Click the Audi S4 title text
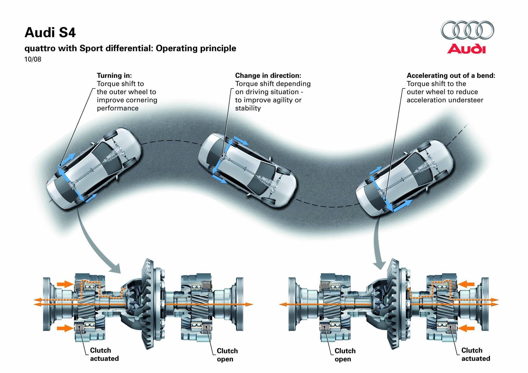coord(50,33)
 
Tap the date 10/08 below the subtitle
coord(33,59)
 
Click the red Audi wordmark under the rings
coord(466,49)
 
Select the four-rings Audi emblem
coord(467,30)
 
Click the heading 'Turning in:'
coord(114,75)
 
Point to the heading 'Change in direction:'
coord(268,75)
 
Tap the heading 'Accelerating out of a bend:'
coord(451,75)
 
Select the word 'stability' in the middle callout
coord(248,108)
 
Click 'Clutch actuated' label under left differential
coord(104,354)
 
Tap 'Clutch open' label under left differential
coord(227,355)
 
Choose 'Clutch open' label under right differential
coord(345,355)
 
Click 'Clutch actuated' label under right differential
coord(475,354)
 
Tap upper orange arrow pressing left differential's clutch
coord(64,284)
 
